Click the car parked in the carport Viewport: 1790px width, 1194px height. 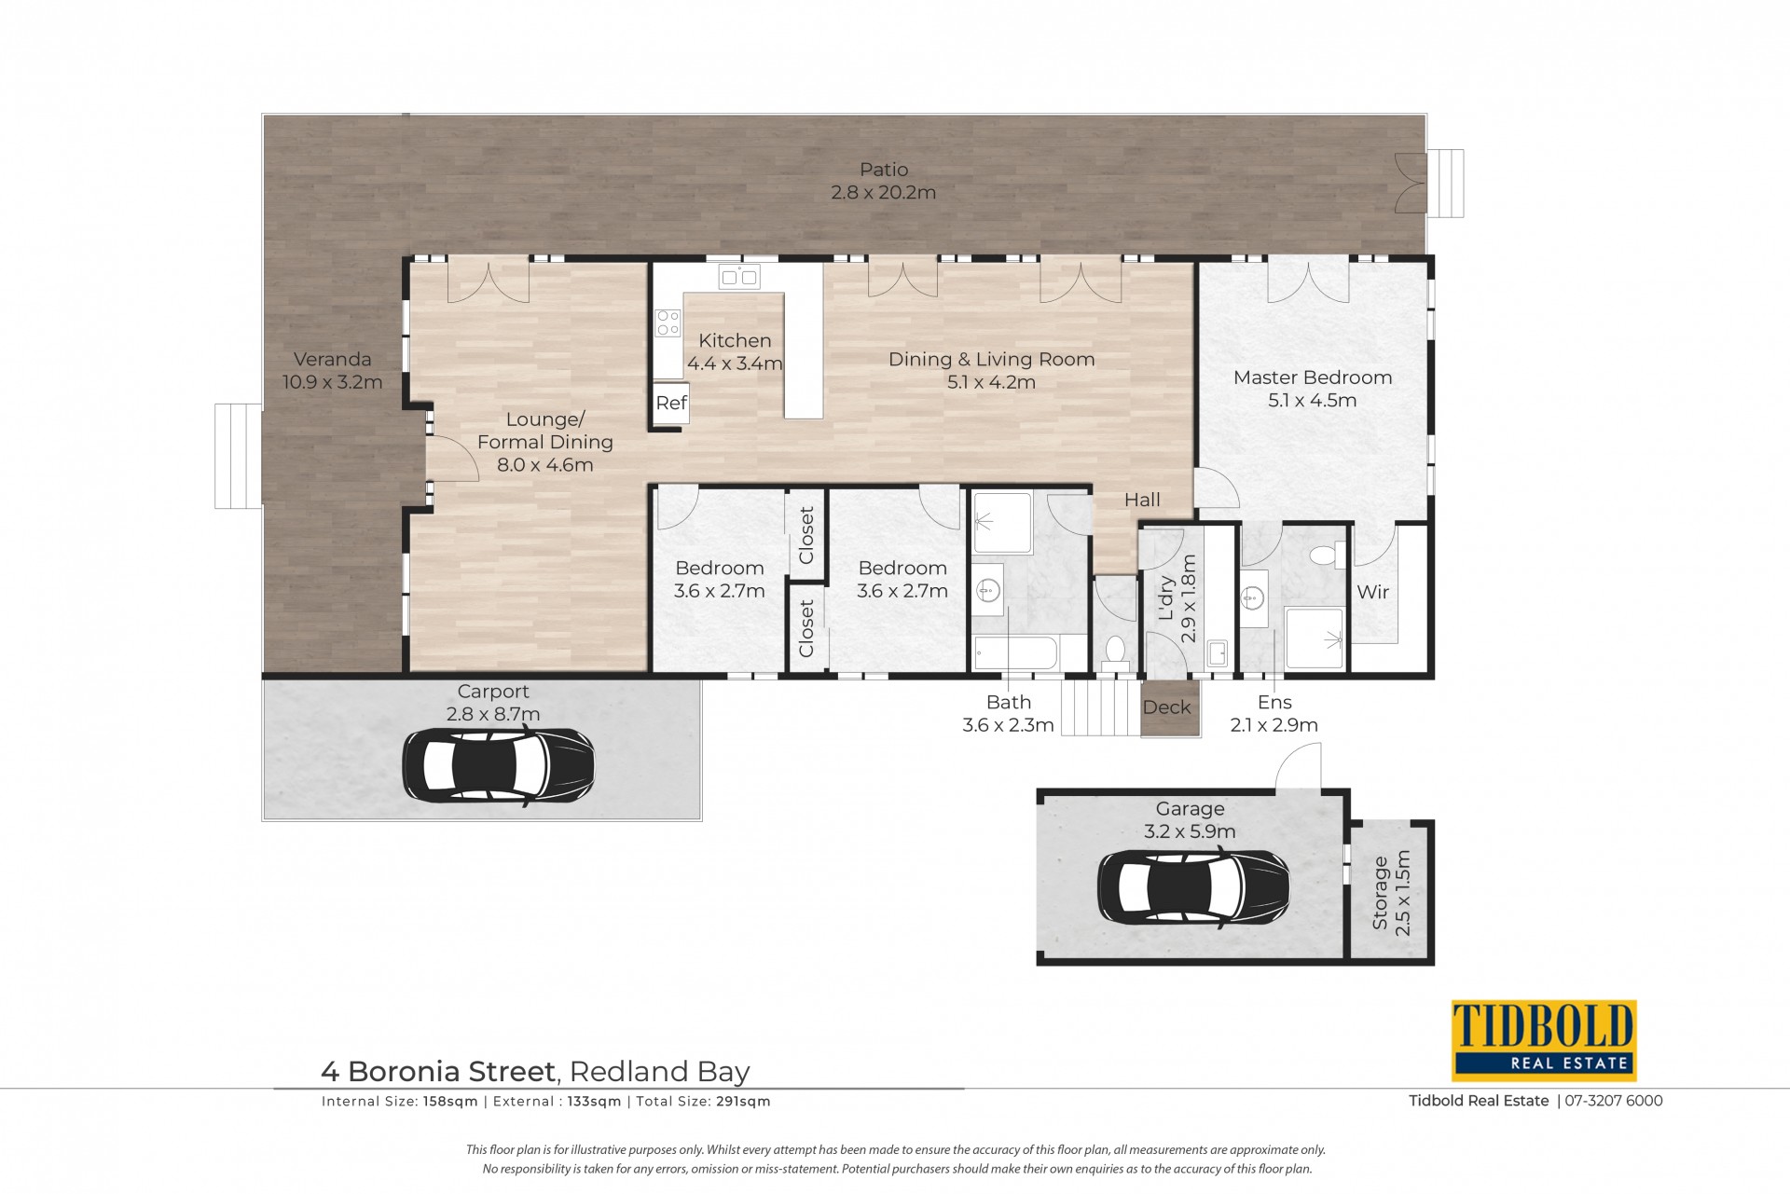point(498,766)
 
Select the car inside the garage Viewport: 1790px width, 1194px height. point(1193,887)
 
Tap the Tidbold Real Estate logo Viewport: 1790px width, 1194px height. point(1543,1039)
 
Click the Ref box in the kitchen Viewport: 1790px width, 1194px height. point(670,404)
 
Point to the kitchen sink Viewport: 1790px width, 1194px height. point(739,276)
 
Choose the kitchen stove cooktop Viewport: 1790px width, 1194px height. point(668,323)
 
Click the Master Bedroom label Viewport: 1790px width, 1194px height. point(1312,377)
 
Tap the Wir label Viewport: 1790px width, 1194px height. point(1372,592)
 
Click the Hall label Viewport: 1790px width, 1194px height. point(1142,500)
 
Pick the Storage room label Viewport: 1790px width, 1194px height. point(1380,893)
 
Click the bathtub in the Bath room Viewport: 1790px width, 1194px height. point(1015,652)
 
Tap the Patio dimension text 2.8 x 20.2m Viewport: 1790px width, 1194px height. point(883,193)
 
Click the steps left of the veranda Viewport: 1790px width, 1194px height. point(238,456)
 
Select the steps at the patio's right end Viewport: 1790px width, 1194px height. point(1445,183)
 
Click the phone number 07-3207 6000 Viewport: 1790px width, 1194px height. point(1614,1101)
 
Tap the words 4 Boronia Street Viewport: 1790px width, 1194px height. point(438,1072)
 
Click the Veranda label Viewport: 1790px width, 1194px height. point(332,359)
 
